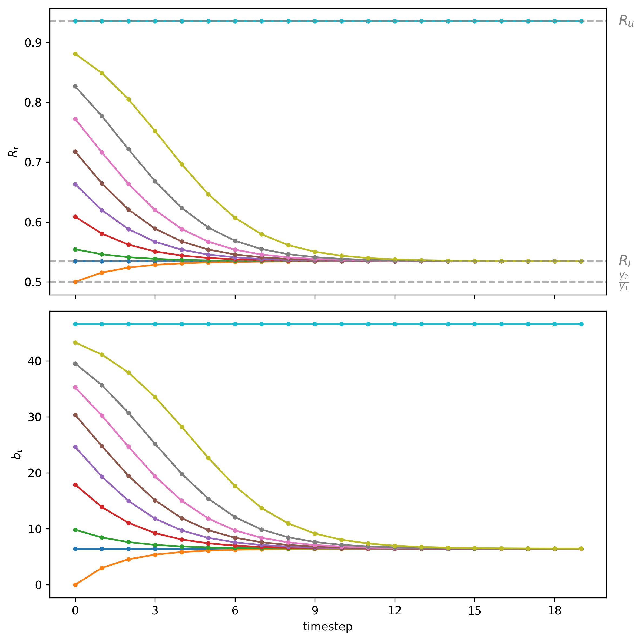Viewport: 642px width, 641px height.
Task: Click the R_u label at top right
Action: pos(626,21)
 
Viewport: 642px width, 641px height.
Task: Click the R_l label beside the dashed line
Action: pos(624,260)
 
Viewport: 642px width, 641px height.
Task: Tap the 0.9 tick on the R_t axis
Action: pos(32,42)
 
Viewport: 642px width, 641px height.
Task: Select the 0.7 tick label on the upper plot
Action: pos(32,162)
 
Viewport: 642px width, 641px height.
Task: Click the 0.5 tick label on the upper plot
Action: pos(32,282)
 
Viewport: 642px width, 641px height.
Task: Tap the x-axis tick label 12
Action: pos(395,611)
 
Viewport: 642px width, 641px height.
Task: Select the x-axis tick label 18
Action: pos(554,611)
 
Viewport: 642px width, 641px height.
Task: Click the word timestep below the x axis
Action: pos(328,627)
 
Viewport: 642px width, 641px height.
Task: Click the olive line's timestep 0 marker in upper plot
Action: pos(75,54)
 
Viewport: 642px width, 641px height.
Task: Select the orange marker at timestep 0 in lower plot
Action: pos(75,585)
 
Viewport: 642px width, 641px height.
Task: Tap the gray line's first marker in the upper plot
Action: pos(75,86)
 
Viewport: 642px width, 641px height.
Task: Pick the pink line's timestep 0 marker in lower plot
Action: pos(75,388)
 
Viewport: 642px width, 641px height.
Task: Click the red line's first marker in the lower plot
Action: pos(75,485)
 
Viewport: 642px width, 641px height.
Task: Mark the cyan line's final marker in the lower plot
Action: pos(581,324)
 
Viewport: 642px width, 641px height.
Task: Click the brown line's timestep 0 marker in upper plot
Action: pos(75,151)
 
